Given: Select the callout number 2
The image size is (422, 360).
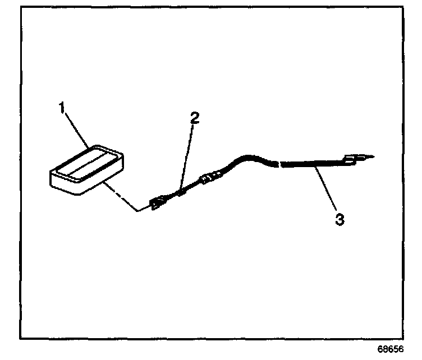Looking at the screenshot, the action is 194,118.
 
